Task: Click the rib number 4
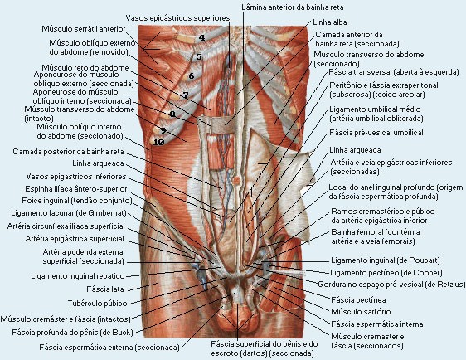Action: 202,38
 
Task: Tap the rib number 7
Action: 186,95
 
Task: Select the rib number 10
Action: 158,143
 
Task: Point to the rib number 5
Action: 199,56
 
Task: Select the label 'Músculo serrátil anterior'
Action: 84,29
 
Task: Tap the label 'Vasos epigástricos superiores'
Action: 177,18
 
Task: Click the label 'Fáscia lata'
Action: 105,289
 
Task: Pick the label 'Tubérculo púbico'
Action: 97,304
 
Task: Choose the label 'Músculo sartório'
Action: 361,312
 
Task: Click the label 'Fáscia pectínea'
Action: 358,300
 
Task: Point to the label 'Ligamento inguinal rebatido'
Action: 78,276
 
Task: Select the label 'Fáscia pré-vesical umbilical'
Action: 376,133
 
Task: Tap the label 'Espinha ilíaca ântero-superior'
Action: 76,189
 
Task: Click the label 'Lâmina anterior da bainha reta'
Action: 293,7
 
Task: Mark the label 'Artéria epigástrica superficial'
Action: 75,239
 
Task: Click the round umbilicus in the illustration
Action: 236,180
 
